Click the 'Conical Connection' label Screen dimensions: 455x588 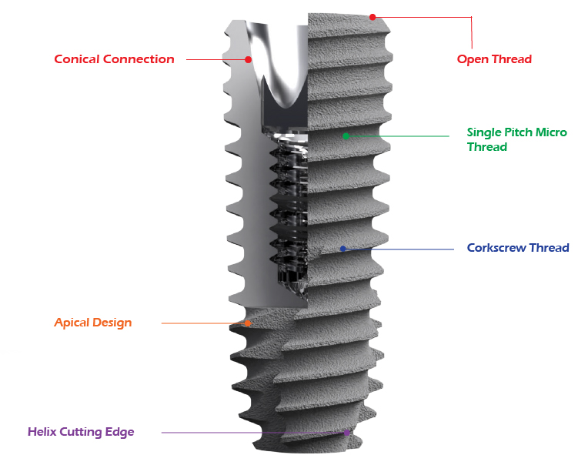coord(114,59)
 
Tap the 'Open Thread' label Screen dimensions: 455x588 coord(494,59)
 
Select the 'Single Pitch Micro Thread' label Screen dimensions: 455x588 coord(516,139)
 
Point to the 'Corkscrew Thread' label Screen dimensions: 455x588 coord(518,248)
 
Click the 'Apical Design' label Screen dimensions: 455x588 coord(92,323)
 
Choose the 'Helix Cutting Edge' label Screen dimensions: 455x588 coord(81,432)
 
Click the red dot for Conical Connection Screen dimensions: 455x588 coord(248,59)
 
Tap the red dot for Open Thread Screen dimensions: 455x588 coord(373,17)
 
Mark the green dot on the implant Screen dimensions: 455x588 coord(346,136)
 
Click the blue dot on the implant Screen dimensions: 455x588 coord(342,249)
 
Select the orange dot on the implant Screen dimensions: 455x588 coord(248,323)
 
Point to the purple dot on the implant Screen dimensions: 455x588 coord(347,433)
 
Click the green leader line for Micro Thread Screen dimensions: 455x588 coord(400,136)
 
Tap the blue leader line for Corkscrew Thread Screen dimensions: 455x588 coord(400,249)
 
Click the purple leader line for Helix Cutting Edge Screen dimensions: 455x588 coord(254,433)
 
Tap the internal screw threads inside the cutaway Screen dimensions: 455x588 coord(286,208)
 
